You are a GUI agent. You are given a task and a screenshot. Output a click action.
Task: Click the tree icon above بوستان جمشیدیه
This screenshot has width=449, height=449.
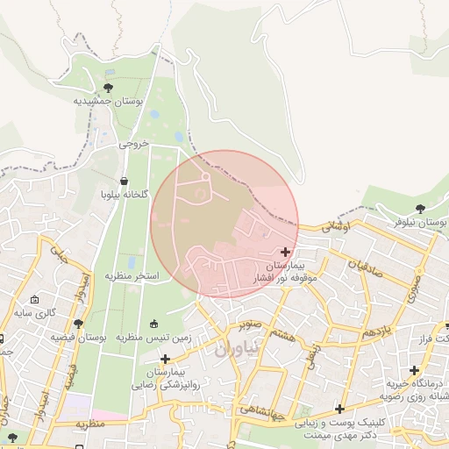click(108, 88)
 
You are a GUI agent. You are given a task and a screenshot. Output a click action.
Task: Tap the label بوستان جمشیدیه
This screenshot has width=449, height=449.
click(108, 102)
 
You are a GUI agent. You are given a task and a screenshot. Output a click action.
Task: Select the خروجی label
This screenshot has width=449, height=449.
click(134, 143)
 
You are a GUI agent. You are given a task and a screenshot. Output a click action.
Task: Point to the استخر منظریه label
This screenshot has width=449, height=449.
click(132, 275)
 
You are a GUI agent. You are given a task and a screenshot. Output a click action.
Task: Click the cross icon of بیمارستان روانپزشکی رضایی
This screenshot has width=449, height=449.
click(165, 359)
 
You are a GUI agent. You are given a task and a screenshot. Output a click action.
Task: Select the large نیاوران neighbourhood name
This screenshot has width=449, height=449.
click(238, 348)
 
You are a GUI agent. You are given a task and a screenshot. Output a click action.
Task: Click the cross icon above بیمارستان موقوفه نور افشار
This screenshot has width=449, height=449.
click(285, 252)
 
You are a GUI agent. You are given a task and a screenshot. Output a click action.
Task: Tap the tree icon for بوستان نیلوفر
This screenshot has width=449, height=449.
click(420, 209)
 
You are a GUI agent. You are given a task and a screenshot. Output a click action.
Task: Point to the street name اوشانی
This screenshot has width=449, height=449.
click(336, 226)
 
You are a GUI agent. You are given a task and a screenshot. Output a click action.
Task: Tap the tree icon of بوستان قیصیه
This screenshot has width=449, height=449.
click(77, 324)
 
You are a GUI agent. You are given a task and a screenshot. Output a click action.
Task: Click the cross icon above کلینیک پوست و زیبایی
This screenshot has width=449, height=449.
click(339, 409)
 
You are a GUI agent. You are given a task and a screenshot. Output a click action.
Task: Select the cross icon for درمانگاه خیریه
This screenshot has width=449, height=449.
click(414, 370)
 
